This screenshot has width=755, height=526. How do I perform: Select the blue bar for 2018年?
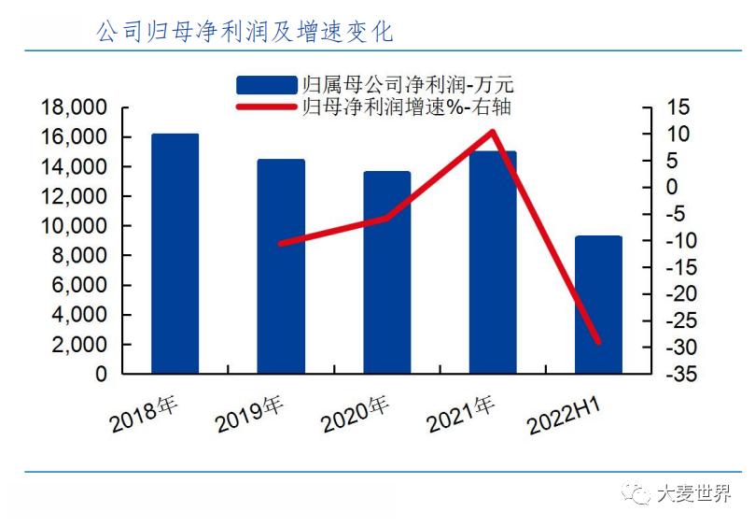coord(175,254)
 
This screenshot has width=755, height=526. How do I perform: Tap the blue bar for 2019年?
coord(281,266)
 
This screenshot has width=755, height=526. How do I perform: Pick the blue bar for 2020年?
coord(386,273)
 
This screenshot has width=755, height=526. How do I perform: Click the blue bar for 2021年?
coord(493,263)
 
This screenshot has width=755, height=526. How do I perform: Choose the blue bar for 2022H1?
coord(598,305)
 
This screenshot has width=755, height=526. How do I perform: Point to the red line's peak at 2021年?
coord(493,131)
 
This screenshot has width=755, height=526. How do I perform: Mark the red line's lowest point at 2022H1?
coord(598,342)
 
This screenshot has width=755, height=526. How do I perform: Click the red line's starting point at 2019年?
coord(281,243)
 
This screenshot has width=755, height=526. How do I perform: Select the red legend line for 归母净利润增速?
coord(267,107)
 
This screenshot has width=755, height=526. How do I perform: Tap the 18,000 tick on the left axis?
coord(75,108)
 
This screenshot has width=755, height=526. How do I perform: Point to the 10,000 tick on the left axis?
coord(75,226)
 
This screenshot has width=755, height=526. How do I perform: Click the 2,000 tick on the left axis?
coord(79,345)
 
